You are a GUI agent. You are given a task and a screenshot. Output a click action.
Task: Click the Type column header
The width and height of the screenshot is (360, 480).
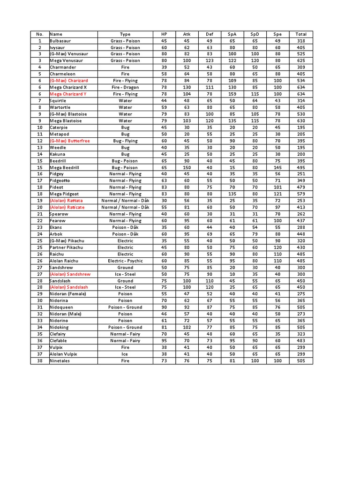coord(125,34)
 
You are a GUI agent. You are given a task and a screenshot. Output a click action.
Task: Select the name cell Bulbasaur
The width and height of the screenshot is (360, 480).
coord(61,41)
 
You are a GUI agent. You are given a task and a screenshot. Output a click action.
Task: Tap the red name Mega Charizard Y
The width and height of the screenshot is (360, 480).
coord(68,94)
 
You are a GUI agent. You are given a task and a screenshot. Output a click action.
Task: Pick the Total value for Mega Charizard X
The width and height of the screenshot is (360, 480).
coord(301,88)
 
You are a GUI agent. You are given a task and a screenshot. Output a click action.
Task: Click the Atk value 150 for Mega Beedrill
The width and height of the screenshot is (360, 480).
coord(187,167)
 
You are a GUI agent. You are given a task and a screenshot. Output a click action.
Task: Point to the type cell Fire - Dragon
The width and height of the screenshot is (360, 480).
coord(125,88)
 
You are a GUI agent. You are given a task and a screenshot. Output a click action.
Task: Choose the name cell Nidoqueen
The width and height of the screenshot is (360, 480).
coord(62,307)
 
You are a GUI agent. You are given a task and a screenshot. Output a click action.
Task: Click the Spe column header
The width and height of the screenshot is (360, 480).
coord(278,34)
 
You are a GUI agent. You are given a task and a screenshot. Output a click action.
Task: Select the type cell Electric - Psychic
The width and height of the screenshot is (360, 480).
coord(125,261)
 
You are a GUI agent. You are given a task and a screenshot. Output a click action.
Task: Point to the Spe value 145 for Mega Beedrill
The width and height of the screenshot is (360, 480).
coord(278,167)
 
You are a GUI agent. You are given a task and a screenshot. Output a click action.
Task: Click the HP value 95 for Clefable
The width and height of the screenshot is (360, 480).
coord(164,341)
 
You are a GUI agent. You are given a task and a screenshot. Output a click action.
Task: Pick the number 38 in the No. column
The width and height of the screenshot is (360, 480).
coord(40,361)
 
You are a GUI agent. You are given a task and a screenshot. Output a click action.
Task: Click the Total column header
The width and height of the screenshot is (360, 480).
coord(301,34)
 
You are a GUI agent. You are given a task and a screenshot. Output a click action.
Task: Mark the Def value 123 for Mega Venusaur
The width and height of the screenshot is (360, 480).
coord(210,61)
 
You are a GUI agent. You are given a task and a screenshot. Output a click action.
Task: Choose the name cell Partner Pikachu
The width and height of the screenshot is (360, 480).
coord(66,247)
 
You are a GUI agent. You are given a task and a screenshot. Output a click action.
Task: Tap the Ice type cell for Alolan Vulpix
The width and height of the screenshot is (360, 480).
coord(125,354)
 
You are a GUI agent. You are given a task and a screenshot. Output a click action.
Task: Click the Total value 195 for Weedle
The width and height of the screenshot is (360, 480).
coord(301,147)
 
